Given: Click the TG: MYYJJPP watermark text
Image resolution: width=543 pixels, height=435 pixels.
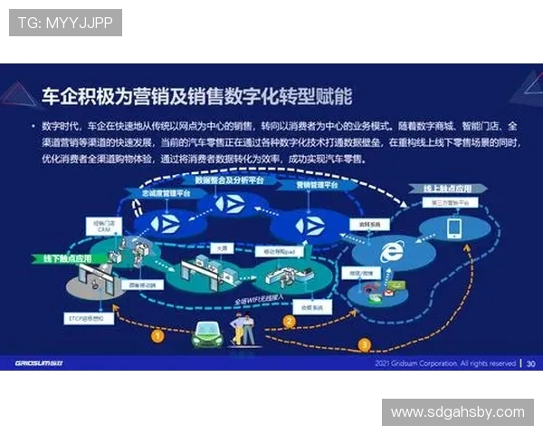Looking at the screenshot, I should [x=65, y=23].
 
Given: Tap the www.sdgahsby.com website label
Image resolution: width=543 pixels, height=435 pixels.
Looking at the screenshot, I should [x=457, y=412].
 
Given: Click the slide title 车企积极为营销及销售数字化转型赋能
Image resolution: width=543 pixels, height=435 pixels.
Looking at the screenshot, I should [x=197, y=94].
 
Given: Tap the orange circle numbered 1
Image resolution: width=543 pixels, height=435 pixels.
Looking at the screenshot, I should [x=157, y=335].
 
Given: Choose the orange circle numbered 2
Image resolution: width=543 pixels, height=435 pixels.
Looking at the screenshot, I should [x=290, y=320].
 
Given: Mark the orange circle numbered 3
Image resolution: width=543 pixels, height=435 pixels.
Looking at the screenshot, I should [x=365, y=344].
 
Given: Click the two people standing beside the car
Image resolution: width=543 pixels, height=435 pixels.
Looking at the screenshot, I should [x=242, y=327].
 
